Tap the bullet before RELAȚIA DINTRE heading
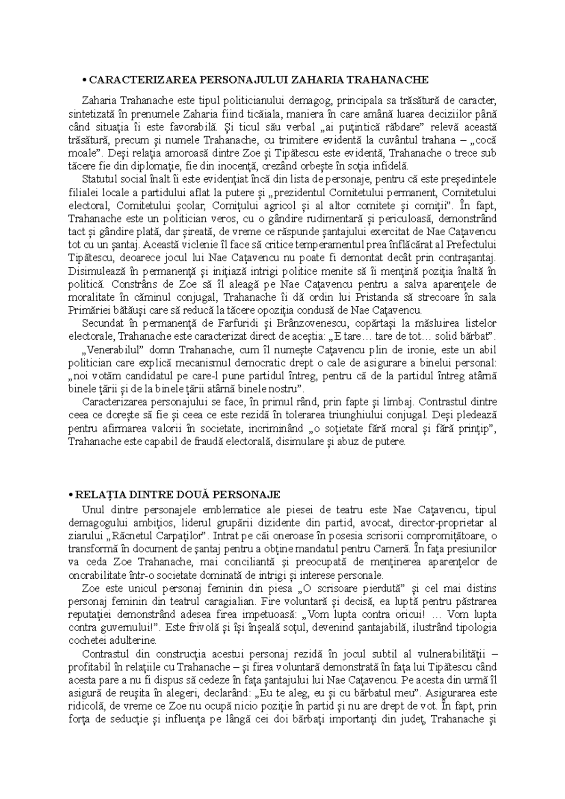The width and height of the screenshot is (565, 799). tap(71, 495)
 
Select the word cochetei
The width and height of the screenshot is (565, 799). tap(87, 640)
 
